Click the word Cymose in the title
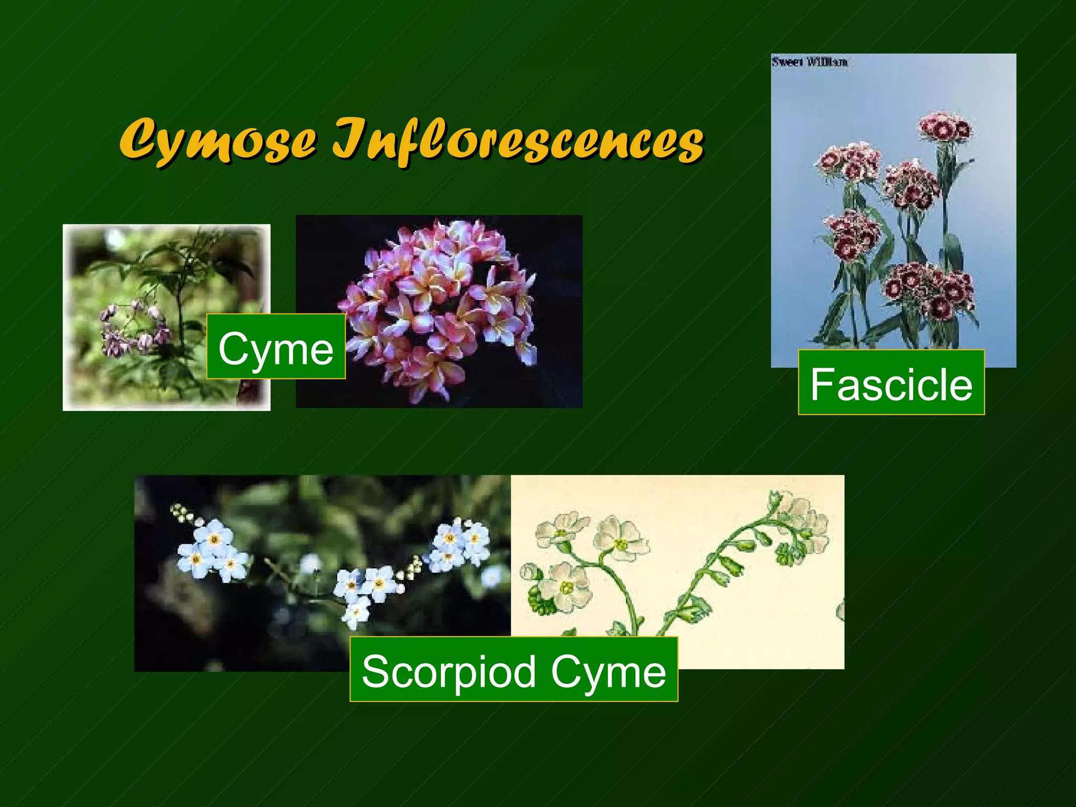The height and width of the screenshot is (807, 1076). tap(218, 139)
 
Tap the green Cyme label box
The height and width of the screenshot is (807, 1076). tap(276, 347)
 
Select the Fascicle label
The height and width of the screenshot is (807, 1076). tap(891, 383)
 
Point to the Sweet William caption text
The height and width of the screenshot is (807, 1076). tap(809, 62)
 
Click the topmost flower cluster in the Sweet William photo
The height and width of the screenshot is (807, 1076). tap(945, 127)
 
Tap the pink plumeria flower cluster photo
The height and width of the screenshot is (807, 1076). tap(439, 310)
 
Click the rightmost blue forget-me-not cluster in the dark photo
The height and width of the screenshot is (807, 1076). tap(460, 544)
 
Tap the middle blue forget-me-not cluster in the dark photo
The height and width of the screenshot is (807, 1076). tap(363, 588)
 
